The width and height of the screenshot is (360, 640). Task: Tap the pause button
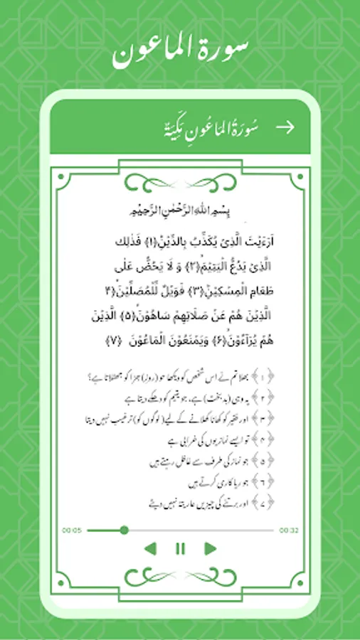click(180, 548)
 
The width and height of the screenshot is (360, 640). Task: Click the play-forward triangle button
click(210, 548)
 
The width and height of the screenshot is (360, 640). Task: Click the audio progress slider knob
click(125, 530)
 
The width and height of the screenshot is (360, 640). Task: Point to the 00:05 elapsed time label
click(72, 530)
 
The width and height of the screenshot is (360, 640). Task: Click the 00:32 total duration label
click(288, 530)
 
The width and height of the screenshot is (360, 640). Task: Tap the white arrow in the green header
click(285, 127)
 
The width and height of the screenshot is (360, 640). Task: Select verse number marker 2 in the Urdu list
click(285, 395)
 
